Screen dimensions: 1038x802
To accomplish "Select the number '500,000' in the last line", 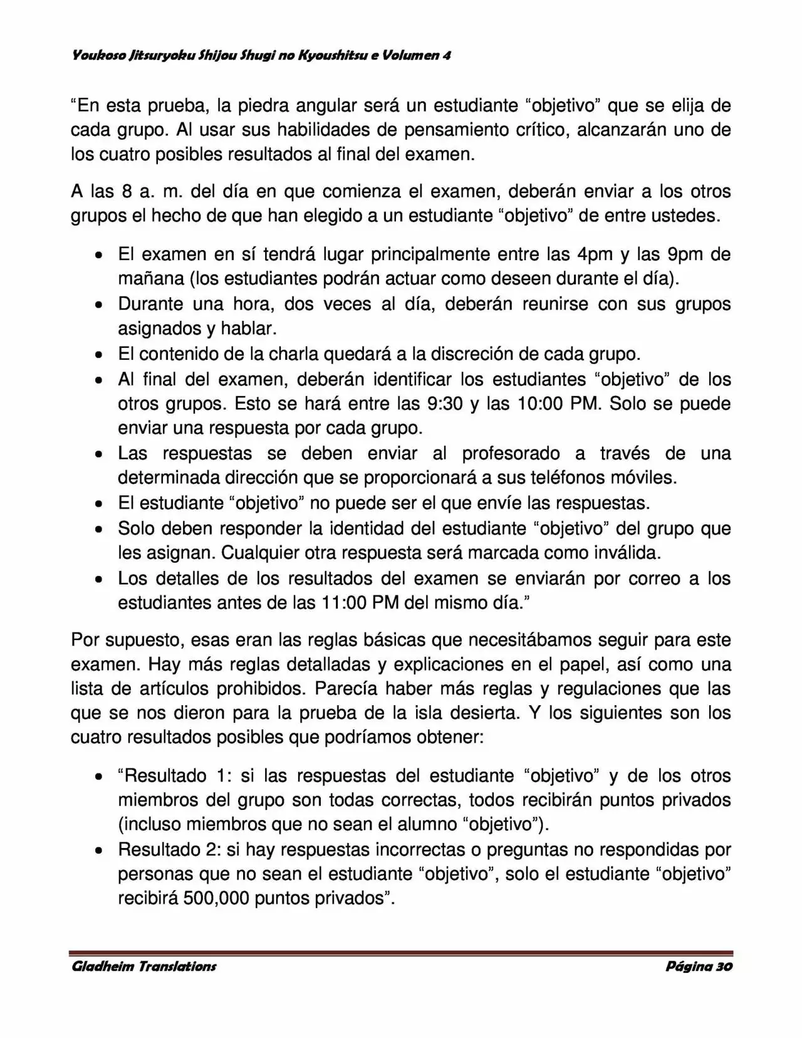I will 216,898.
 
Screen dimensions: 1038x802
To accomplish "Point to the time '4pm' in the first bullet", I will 592,254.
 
